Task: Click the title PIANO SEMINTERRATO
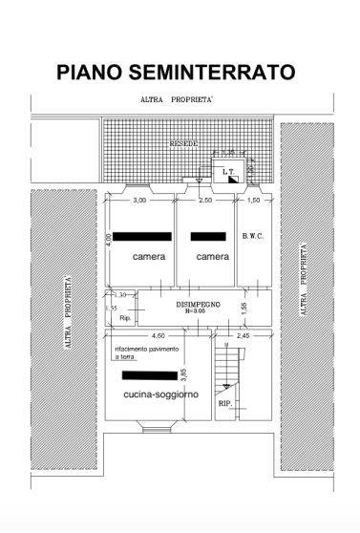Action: [x=175, y=73]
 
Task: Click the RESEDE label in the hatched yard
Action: [x=183, y=143]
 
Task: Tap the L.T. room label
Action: [x=227, y=173]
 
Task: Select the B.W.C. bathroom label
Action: [x=252, y=236]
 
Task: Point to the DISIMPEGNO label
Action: [x=199, y=303]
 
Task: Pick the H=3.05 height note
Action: [x=198, y=311]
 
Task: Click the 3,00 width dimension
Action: [x=139, y=201]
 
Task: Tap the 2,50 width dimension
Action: [x=204, y=201]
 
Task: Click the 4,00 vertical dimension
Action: [x=110, y=240]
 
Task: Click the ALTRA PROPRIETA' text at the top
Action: [x=177, y=99]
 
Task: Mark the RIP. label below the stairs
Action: [x=225, y=404]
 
